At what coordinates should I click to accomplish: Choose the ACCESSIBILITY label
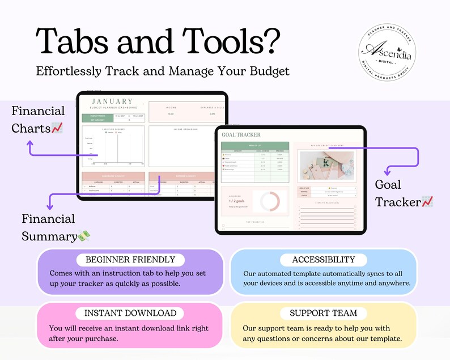click(x=323, y=260)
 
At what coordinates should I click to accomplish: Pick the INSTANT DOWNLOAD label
click(x=130, y=313)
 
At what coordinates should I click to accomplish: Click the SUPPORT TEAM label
click(x=323, y=313)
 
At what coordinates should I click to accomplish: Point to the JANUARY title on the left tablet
click(x=112, y=101)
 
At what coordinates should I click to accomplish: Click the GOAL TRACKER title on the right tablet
click(x=241, y=135)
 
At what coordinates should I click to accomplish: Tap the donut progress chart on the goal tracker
click(x=266, y=202)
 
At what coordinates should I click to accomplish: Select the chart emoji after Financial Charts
click(x=57, y=129)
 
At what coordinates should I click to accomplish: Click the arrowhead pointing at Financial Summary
click(x=49, y=207)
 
